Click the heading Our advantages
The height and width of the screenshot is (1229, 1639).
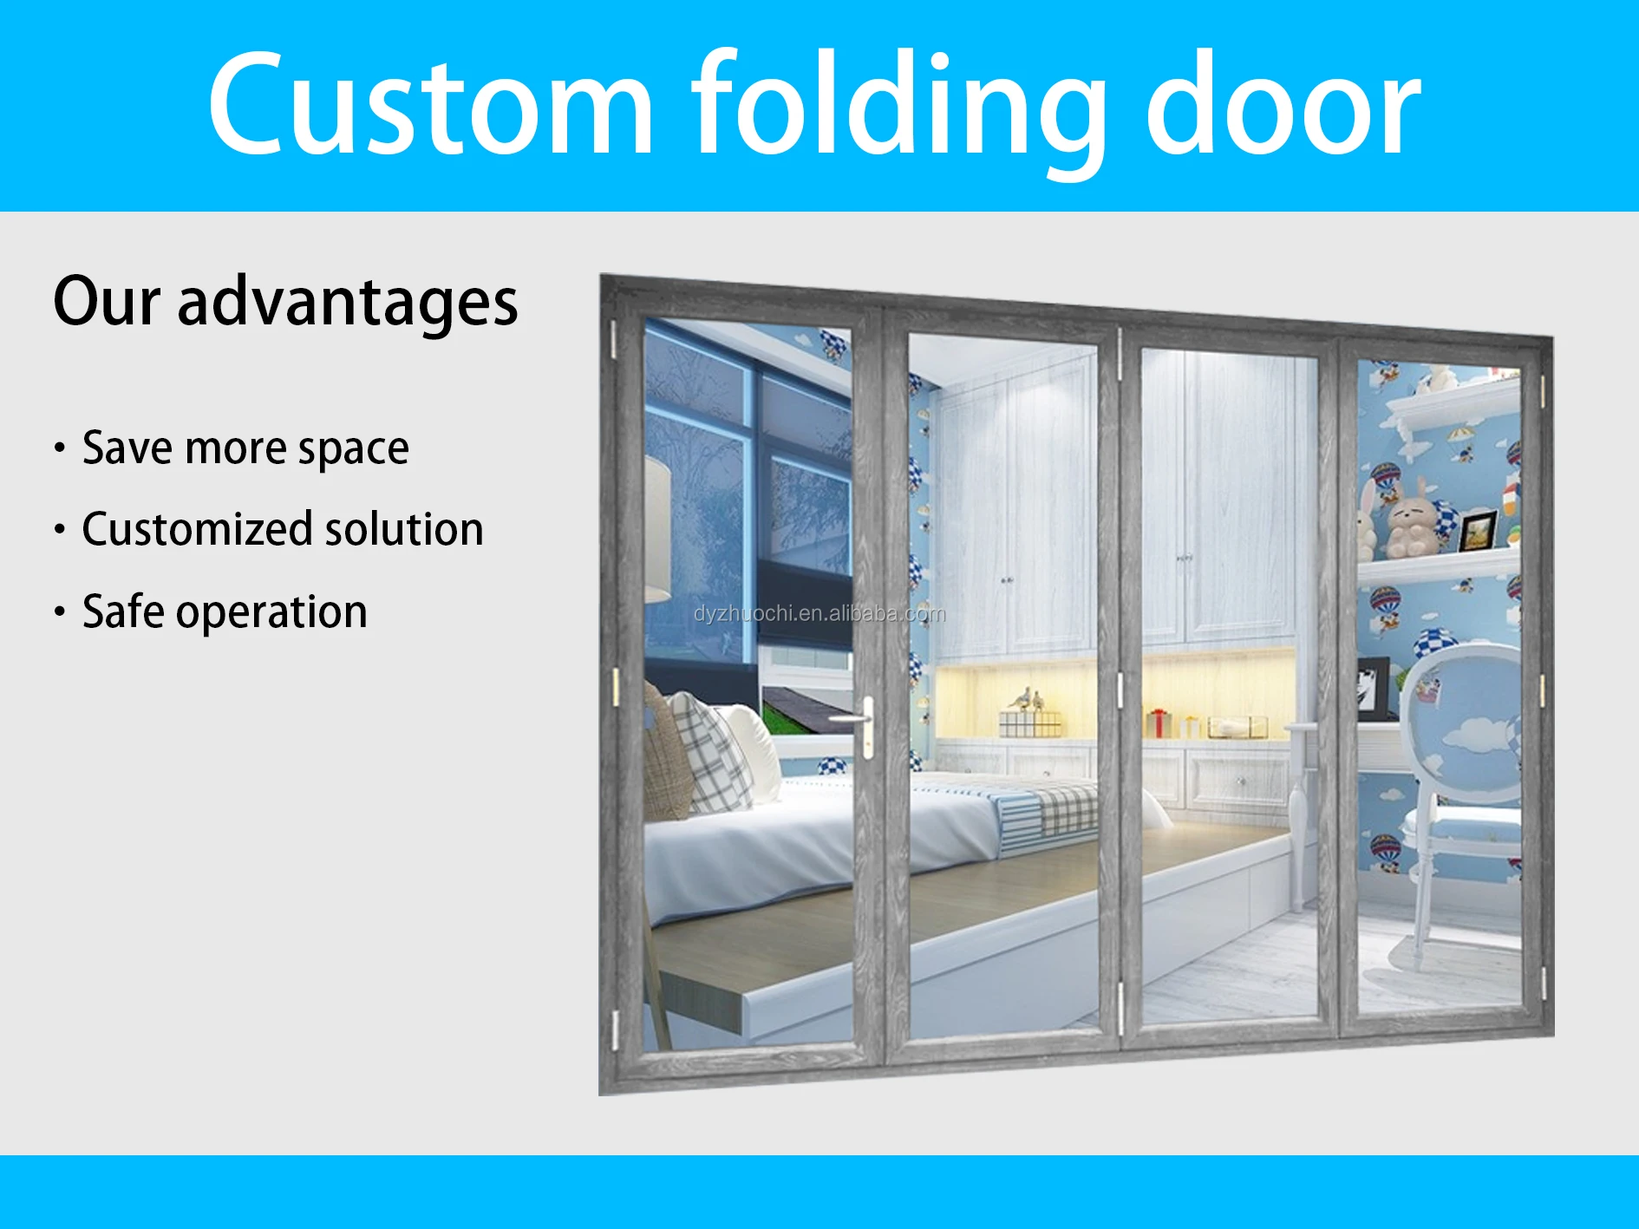285,302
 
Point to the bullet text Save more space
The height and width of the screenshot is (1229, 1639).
245,448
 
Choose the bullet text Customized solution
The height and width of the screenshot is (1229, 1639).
282,529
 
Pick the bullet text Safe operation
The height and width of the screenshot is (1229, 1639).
225,611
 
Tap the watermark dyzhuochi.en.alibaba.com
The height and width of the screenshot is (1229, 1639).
819,614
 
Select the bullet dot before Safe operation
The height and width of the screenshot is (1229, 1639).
60,611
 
